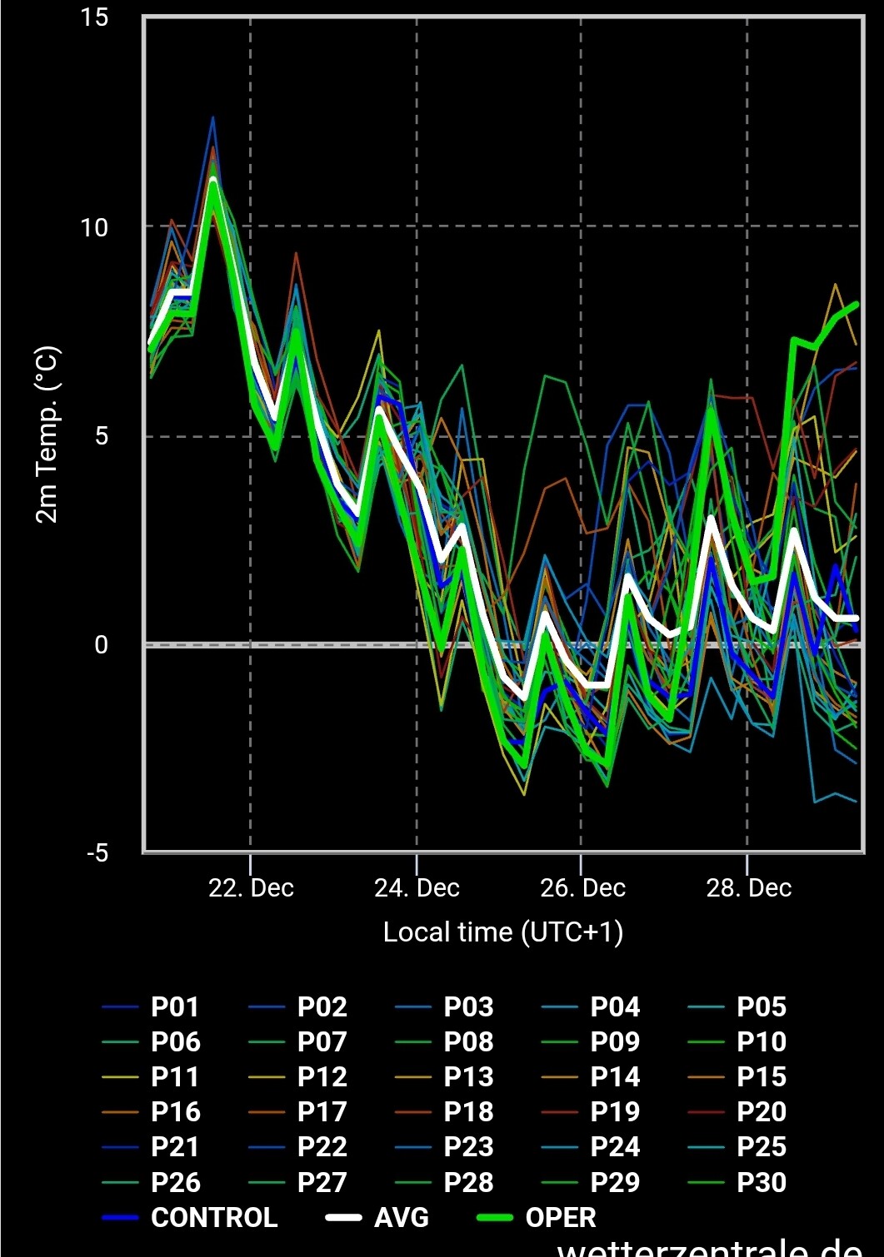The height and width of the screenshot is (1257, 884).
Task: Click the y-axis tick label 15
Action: [95, 17]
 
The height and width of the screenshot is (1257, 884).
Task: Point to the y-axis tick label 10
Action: [95, 227]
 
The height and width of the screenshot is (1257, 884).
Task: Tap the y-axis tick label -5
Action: [97, 853]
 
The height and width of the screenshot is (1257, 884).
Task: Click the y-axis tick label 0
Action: [101, 644]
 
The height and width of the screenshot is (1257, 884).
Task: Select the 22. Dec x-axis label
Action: [251, 888]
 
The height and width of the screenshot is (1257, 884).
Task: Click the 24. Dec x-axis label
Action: [417, 888]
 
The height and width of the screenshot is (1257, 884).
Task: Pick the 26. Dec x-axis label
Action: [582, 888]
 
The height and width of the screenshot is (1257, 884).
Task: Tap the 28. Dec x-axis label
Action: [748, 888]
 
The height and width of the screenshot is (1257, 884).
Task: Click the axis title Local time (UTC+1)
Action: [502, 932]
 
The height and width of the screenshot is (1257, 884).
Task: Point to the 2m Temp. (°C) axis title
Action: [47, 435]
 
